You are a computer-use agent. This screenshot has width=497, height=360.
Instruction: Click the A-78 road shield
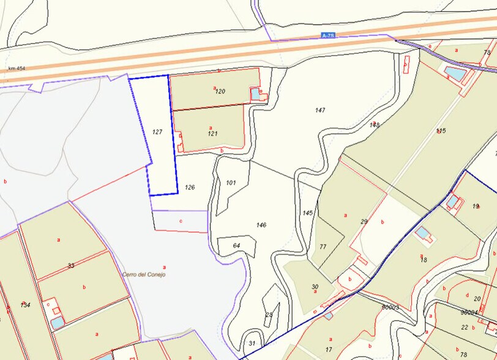[327, 36]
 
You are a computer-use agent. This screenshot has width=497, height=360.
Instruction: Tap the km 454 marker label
[16, 69]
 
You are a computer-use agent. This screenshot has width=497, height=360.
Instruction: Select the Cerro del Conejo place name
[144, 274]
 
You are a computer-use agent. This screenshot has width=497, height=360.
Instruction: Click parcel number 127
[157, 132]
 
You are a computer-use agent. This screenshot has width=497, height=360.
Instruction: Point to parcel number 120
[220, 91]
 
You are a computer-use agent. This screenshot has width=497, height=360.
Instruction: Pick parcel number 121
[212, 133]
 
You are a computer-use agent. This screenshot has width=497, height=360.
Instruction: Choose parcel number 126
[190, 187]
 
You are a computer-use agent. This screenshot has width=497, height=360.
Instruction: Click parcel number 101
[231, 182]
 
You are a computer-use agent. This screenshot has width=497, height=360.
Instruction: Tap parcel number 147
[319, 110]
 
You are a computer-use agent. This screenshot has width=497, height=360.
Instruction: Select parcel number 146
[261, 225]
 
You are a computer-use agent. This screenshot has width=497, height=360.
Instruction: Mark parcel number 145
[307, 212]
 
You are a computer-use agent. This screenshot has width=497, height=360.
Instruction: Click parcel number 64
[236, 245]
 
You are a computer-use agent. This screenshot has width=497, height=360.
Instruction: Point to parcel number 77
[323, 247]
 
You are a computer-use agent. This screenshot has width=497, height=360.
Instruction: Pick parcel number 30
[315, 287]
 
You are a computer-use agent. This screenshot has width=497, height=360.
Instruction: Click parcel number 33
[71, 266]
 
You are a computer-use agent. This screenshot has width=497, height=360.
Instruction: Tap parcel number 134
[25, 305]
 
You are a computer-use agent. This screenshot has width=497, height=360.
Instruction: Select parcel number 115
[441, 130]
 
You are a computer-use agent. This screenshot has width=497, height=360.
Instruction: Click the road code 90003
[390, 307]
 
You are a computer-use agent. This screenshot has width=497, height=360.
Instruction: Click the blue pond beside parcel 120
[255, 94]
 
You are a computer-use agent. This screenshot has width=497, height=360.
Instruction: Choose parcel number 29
[364, 221]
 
